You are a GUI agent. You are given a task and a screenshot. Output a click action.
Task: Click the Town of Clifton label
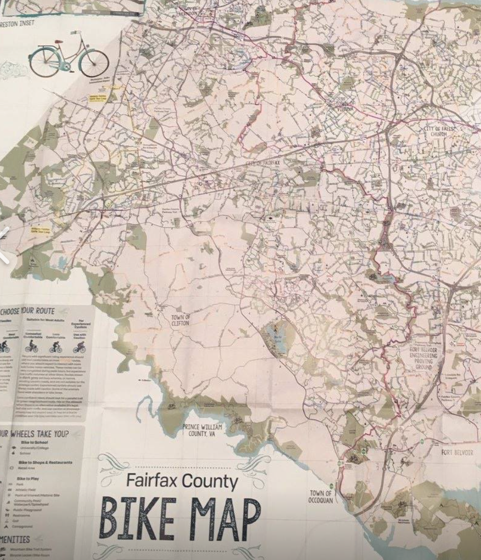(180, 320)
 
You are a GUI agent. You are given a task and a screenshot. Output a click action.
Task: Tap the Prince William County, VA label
(202, 429)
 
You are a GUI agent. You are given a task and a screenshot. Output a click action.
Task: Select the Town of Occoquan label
(321, 496)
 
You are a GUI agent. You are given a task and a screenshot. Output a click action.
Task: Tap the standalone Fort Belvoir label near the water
(457, 452)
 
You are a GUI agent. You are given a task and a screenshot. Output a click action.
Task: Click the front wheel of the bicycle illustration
(94, 63)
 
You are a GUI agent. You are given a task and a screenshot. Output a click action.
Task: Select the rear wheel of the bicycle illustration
(44, 62)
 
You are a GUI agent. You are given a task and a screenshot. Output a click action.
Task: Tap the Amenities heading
(15, 539)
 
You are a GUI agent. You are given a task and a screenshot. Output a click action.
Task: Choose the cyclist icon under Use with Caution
(79, 347)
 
